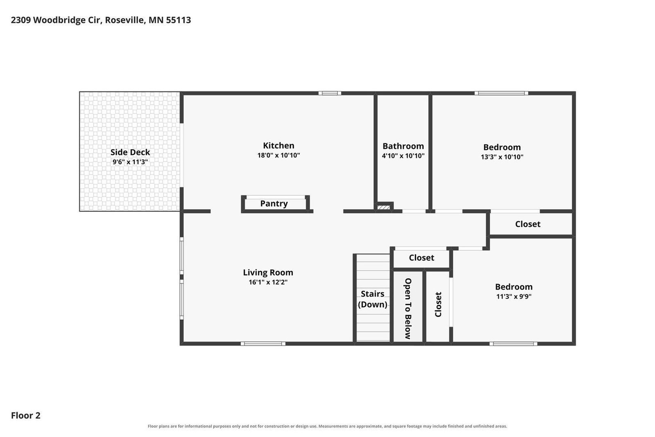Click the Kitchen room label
[x=278, y=145]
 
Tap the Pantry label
[x=274, y=204]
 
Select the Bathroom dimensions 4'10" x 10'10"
[x=403, y=156]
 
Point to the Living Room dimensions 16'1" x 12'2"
[x=268, y=282]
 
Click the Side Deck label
[x=130, y=152]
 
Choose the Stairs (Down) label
[x=373, y=299]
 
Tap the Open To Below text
[x=408, y=308]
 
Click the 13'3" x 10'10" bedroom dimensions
[x=502, y=157]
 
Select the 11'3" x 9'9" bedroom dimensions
[x=513, y=296]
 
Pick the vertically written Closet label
[x=438, y=304]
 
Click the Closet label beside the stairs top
[x=421, y=258]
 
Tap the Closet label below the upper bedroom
[x=528, y=224]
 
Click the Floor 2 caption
[x=26, y=415]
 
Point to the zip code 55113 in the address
[x=178, y=20]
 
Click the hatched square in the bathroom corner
[x=383, y=207]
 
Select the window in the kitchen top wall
[x=330, y=93]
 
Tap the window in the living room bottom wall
[x=263, y=344]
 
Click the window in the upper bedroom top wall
[x=501, y=93]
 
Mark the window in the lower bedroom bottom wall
[x=513, y=344]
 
